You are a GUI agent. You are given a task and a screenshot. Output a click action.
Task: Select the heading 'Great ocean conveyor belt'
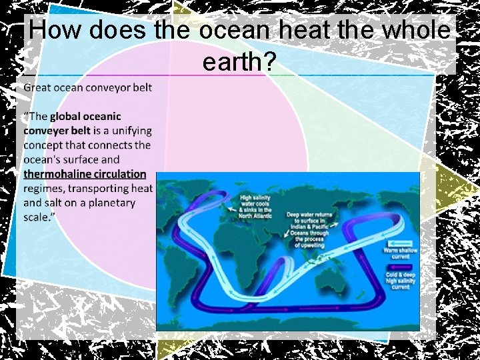pos(87,87)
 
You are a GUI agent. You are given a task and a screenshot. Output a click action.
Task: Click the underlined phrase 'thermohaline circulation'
pos(85,174)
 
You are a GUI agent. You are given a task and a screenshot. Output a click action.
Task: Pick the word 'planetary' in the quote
pos(108,203)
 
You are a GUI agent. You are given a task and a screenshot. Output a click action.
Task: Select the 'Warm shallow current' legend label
pos(400,253)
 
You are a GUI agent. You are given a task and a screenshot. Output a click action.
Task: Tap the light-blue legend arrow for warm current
pos(401,243)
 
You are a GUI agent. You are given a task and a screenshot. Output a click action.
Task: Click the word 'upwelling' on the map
pos(309,245)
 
